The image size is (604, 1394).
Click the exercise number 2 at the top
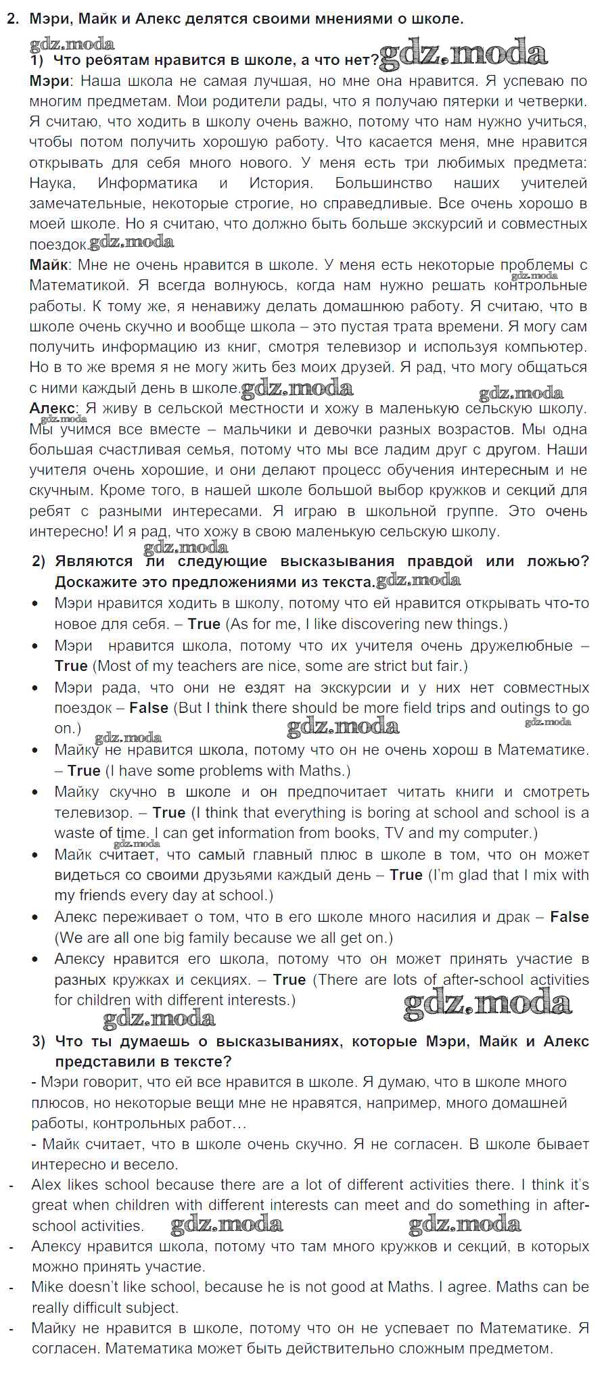click(11, 19)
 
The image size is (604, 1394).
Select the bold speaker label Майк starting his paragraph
click(50, 265)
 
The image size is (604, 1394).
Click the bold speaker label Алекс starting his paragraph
click(53, 409)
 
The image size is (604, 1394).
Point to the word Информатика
click(147, 183)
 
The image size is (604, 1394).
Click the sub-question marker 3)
click(39, 1042)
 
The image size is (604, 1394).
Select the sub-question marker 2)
click(39, 561)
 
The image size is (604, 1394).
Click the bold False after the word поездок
click(148, 708)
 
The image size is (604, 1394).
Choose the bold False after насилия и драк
click(569, 917)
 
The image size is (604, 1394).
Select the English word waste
click(72, 833)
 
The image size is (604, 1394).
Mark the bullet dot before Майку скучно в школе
click(36, 792)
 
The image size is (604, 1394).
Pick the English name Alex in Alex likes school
click(45, 1185)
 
